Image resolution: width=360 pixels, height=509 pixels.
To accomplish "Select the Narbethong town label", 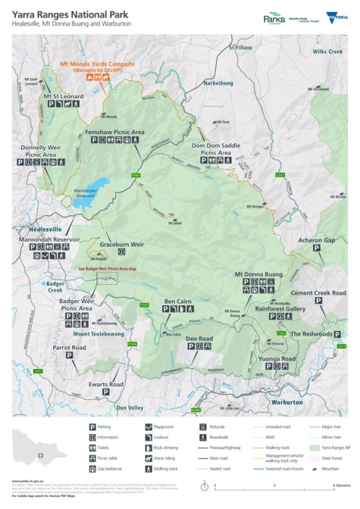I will coord(218,83).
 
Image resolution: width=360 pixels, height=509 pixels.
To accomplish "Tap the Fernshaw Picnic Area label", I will coord(114,132).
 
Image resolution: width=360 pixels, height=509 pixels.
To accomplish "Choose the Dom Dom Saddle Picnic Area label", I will coord(215,148).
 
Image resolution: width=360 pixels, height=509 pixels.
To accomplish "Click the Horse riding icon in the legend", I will coord(147,458).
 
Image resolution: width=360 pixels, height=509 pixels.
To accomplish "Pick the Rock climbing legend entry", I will coord(147,448).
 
